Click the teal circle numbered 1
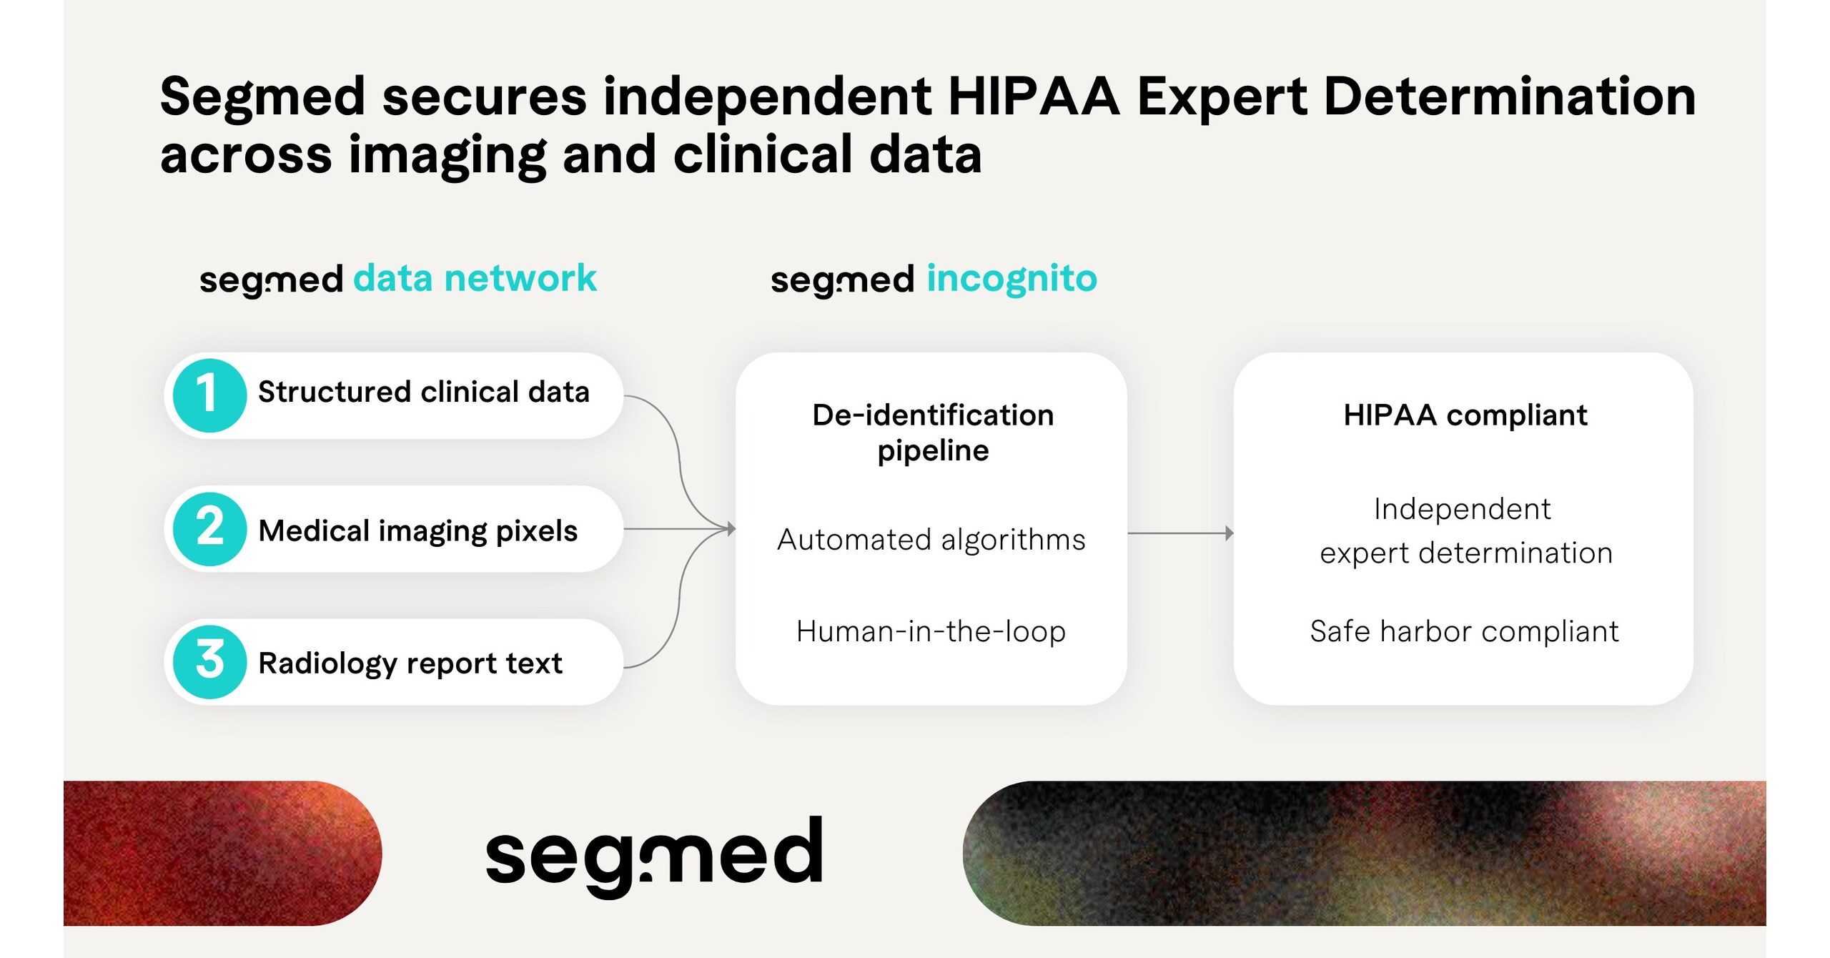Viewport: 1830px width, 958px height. click(x=209, y=395)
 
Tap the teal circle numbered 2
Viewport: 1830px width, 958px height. click(x=209, y=529)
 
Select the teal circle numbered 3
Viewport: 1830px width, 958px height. click(x=209, y=662)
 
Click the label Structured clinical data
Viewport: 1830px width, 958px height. click(x=423, y=392)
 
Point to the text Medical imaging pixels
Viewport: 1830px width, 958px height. click(x=417, y=531)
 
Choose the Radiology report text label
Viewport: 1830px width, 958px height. click(x=410, y=663)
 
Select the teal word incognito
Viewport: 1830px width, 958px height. click(x=1012, y=278)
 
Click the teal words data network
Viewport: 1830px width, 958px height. click(x=475, y=278)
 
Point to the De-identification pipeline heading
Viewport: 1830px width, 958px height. click(x=933, y=433)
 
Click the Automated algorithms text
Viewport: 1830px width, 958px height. click(x=931, y=540)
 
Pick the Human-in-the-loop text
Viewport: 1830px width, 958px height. click(x=931, y=631)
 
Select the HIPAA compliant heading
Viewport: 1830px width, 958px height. click(x=1465, y=415)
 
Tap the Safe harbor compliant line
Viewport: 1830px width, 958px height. click(x=1464, y=631)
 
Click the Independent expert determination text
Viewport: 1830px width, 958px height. click(x=1464, y=530)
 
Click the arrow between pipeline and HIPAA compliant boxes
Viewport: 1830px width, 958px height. click(x=1179, y=533)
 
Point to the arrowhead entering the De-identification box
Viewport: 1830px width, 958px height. click(x=731, y=529)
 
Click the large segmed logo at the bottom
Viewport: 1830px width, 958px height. click(x=654, y=853)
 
